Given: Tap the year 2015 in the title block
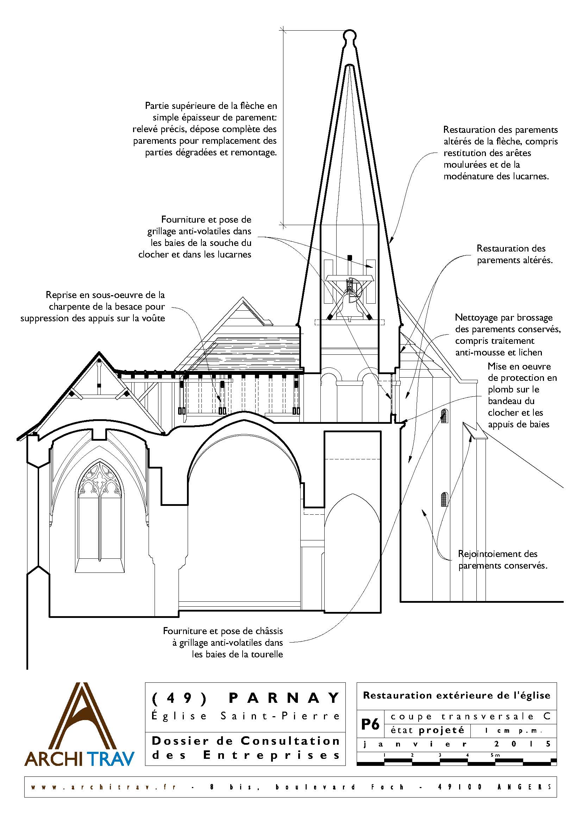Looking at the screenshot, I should (x=521, y=744).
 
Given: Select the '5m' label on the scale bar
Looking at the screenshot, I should (x=495, y=755).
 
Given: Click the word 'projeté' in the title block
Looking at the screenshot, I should (x=441, y=730).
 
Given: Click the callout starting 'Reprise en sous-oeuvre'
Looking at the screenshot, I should (x=93, y=306).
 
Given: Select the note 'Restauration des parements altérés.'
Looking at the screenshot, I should (x=514, y=254).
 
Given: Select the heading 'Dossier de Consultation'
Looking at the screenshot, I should (x=246, y=741).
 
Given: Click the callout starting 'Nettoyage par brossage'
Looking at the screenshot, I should (x=508, y=334).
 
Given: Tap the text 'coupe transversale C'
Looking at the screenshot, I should (x=470, y=717).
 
